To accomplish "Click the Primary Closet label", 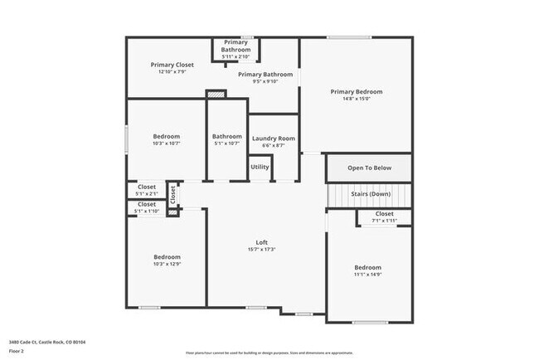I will [x=172, y=65].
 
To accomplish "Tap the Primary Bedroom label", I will [x=356, y=91].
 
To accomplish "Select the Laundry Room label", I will [x=274, y=139].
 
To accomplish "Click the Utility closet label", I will [x=260, y=167].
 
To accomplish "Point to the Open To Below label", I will [x=369, y=168].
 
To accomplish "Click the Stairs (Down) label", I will [x=369, y=194].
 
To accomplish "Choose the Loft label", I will [x=261, y=242].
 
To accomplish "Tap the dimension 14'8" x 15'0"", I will [x=356, y=99].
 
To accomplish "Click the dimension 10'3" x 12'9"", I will [x=167, y=264].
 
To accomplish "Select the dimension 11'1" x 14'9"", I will [x=367, y=275].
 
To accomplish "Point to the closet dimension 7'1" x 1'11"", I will [x=385, y=221].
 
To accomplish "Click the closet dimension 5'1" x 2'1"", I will [x=147, y=194].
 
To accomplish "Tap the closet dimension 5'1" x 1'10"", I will [x=147, y=212].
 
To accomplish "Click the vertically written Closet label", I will [x=172, y=194].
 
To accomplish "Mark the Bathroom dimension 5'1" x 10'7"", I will [x=226, y=144].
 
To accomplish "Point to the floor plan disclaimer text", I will [x=269, y=352].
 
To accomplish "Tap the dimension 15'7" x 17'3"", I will [x=261, y=250].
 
